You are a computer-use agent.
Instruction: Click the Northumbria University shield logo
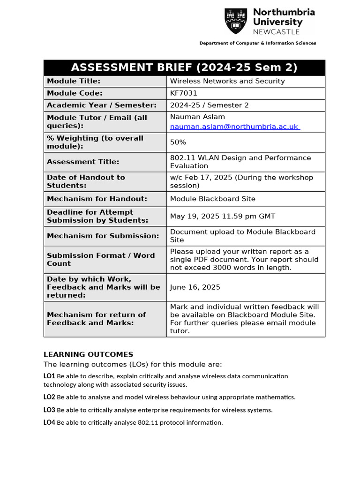(x=236, y=21)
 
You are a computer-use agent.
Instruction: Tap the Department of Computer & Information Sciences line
(x=258, y=43)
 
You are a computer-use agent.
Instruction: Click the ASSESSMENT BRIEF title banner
(x=184, y=67)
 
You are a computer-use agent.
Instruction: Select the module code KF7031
(x=184, y=93)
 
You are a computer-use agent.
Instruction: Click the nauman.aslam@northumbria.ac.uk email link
(x=234, y=127)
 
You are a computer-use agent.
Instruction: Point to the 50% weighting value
(x=178, y=142)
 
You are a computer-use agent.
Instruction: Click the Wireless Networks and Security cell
(x=227, y=81)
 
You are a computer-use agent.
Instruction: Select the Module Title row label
(x=74, y=81)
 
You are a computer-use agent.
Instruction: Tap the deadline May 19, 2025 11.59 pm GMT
(x=223, y=216)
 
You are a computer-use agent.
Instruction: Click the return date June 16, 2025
(x=195, y=287)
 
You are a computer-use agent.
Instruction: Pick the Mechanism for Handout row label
(x=97, y=199)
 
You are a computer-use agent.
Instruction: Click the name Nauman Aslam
(x=197, y=117)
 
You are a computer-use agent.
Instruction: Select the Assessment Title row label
(x=83, y=162)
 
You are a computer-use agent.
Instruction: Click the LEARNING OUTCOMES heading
(x=88, y=354)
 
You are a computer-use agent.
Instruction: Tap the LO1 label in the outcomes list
(x=49, y=376)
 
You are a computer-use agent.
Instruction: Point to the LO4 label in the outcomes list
(x=49, y=422)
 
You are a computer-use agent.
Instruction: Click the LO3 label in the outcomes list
(x=49, y=410)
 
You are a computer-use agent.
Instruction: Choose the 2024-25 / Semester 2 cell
(x=210, y=105)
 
